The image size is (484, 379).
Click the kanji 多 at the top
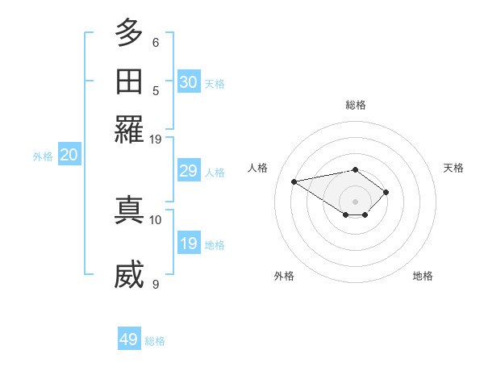point(129,35)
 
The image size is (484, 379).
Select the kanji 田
point(129,81)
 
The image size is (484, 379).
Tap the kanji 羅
point(129,128)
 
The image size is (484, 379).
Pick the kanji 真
point(129,209)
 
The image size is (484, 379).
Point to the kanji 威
point(129,275)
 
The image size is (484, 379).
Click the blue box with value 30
point(189,82)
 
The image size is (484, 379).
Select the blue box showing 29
point(189,171)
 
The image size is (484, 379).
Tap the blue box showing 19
point(189,244)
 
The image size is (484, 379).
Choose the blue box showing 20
point(69,156)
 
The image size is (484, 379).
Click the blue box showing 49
point(129,339)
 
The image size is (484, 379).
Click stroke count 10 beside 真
point(156,219)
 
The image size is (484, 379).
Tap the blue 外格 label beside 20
point(43,156)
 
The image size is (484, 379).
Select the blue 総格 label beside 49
point(155,341)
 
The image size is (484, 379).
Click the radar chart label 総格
point(356,105)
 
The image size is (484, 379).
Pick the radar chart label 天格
point(453,168)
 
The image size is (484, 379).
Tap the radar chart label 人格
point(258,168)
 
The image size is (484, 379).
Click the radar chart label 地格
point(423,276)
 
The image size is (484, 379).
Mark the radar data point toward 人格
point(294,181)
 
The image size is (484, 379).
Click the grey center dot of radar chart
point(356,201)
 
